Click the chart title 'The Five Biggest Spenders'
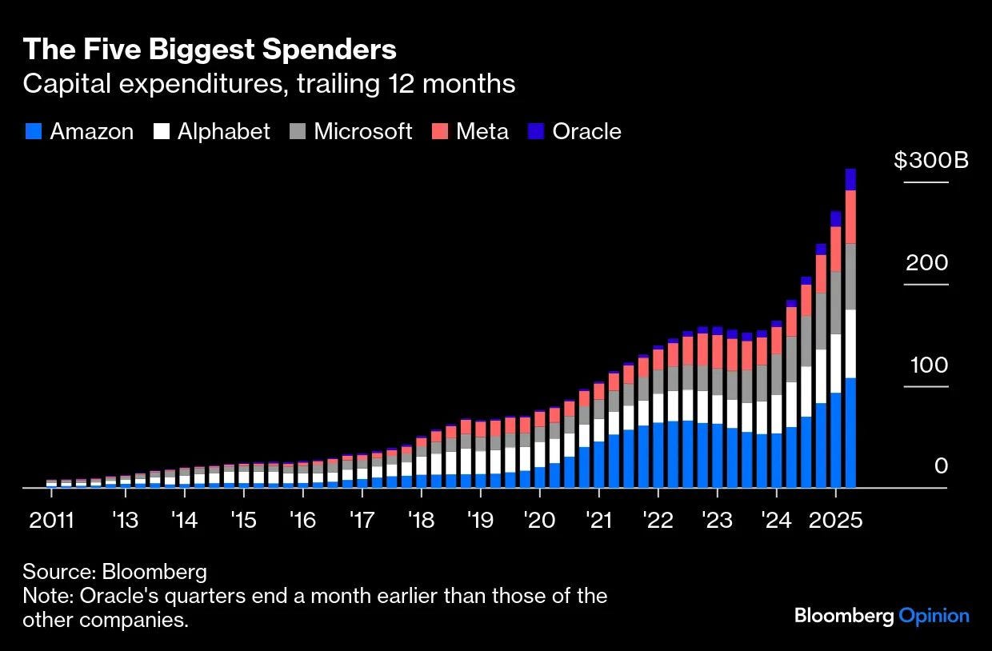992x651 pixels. pyautogui.click(x=210, y=50)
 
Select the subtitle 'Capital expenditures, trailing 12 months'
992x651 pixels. pyautogui.click(x=269, y=84)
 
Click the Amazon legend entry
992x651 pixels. pyautogui.click(x=79, y=132)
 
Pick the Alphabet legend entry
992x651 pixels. pyautogui.click(x=212, y=132)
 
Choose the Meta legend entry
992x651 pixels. pyautogui.click(x=471, y=132)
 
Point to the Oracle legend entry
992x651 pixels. pyautogui.click(x=575, y=132)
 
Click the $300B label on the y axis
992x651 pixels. pyautogui.click(x=931, y=160)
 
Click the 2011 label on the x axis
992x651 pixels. pyautogui.click(x=51, y=521)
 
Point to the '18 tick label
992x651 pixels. pyautogui.click(x=421, y=521)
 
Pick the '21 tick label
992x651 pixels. pyautogui.click(x=598, y=521)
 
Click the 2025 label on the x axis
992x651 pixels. pyautogui.click(x=835, y=521)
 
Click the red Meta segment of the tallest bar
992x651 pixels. pyautogui.click(x=850, y=217)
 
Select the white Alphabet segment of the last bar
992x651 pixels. pyautogui.click(x=850, y=343)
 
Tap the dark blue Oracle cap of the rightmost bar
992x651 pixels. pyautogui.click(x=850, y=179)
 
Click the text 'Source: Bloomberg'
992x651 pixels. pyautogui.click(x=114, y=572)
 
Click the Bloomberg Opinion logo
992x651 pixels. pyautogui.click(x=882, y=616)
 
